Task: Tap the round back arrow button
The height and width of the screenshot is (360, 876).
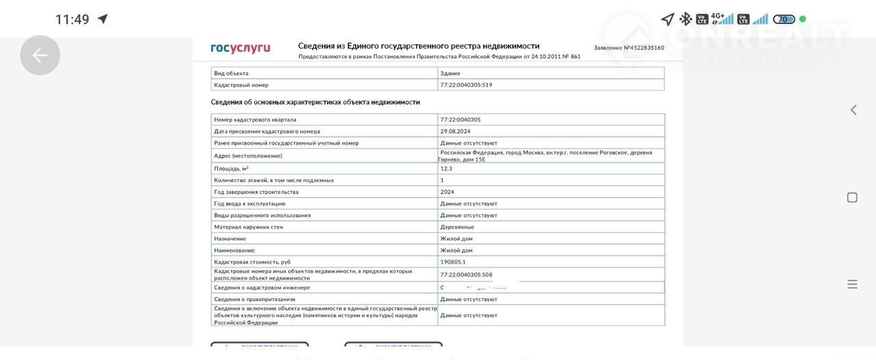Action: point(40,55)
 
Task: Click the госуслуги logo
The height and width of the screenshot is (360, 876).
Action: point(240,48)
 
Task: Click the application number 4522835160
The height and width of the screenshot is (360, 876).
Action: point(643,48)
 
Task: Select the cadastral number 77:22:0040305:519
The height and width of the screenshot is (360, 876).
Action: point(466,85)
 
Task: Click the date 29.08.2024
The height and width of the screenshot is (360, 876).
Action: point(455,131)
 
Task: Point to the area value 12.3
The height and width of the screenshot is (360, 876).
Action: point(446,168)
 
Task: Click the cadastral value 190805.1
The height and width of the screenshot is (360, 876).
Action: point(453,261)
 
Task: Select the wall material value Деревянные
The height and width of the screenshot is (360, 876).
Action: point(457,227)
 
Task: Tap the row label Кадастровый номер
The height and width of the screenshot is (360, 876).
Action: point(241,85)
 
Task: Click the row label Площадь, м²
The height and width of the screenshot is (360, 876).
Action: point(231,168)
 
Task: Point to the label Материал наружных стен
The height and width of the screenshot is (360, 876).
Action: point(248,227)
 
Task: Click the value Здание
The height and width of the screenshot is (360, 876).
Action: point(450,73)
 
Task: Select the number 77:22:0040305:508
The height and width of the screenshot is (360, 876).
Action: point(466,274)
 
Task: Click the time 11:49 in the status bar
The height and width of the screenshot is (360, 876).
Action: point(72,19)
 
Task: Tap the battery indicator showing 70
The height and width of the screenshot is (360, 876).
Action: point(784,19)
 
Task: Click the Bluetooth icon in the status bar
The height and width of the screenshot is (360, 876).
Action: point(685,19)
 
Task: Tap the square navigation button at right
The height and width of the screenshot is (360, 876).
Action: point(852,198)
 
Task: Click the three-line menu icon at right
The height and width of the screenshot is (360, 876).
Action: point(852,284)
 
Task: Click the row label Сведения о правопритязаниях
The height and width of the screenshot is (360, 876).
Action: point(255,299)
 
